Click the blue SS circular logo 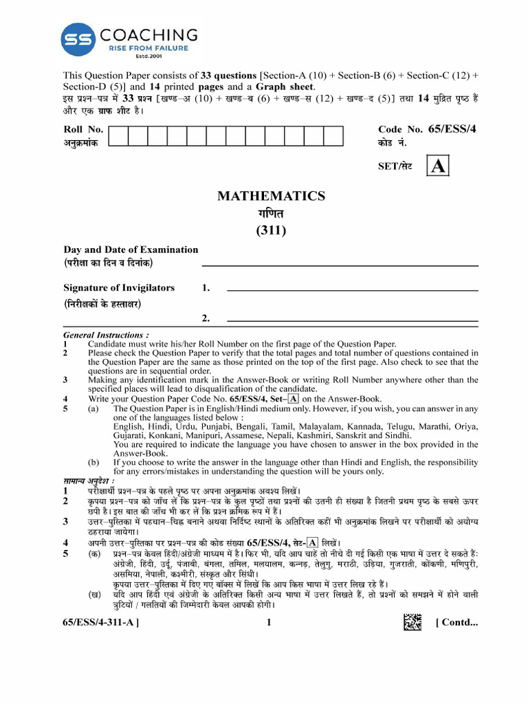tap(78, 41)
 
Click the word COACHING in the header tap(149, 35)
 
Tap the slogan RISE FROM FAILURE tap(148, 49)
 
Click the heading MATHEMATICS tap(271, 197)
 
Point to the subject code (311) tap(271, 230)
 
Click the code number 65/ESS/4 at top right tap(452, 129)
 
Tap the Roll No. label tap(83, 129)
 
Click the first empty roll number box tap(119, 136)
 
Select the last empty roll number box tap(333, 136)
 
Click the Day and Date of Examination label tap(131, 250)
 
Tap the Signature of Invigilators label tap(119, 288)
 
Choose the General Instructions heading tap(106, 335)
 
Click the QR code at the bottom tap(412, 622)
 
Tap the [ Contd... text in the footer tap(456, 623)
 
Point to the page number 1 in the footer tap(269, 623)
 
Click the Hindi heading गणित tap(271, 214)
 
